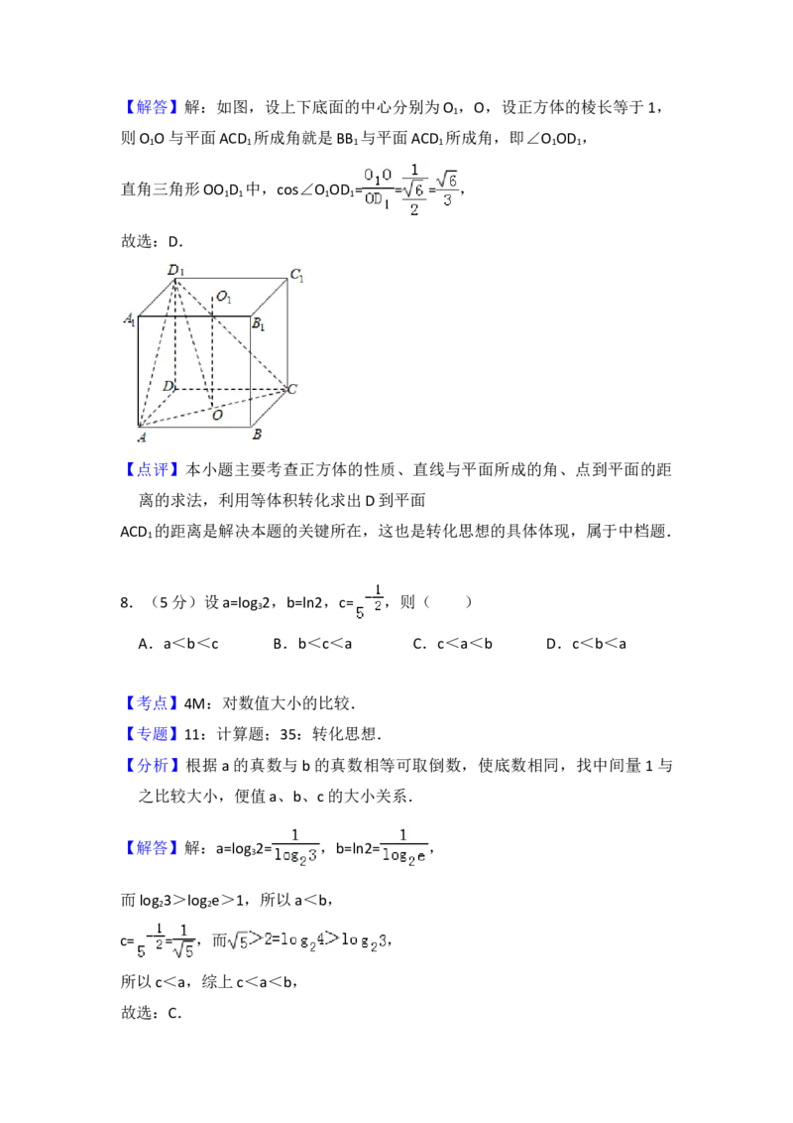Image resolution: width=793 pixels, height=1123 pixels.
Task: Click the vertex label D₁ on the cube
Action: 174,269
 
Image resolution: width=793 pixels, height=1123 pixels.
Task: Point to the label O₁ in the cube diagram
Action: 224,297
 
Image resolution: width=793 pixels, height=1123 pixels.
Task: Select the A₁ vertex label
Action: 129,319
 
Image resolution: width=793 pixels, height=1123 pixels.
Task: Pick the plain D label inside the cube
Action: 169,386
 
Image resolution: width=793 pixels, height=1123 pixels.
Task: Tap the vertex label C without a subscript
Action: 292,389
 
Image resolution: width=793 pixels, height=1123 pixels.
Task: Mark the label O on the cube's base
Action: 217,416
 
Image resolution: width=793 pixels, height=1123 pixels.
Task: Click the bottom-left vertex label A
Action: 142,437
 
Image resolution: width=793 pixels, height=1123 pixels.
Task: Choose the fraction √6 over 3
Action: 448,187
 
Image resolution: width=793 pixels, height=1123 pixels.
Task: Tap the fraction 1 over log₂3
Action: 296,849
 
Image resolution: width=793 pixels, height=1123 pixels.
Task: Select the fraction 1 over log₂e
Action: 403,849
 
